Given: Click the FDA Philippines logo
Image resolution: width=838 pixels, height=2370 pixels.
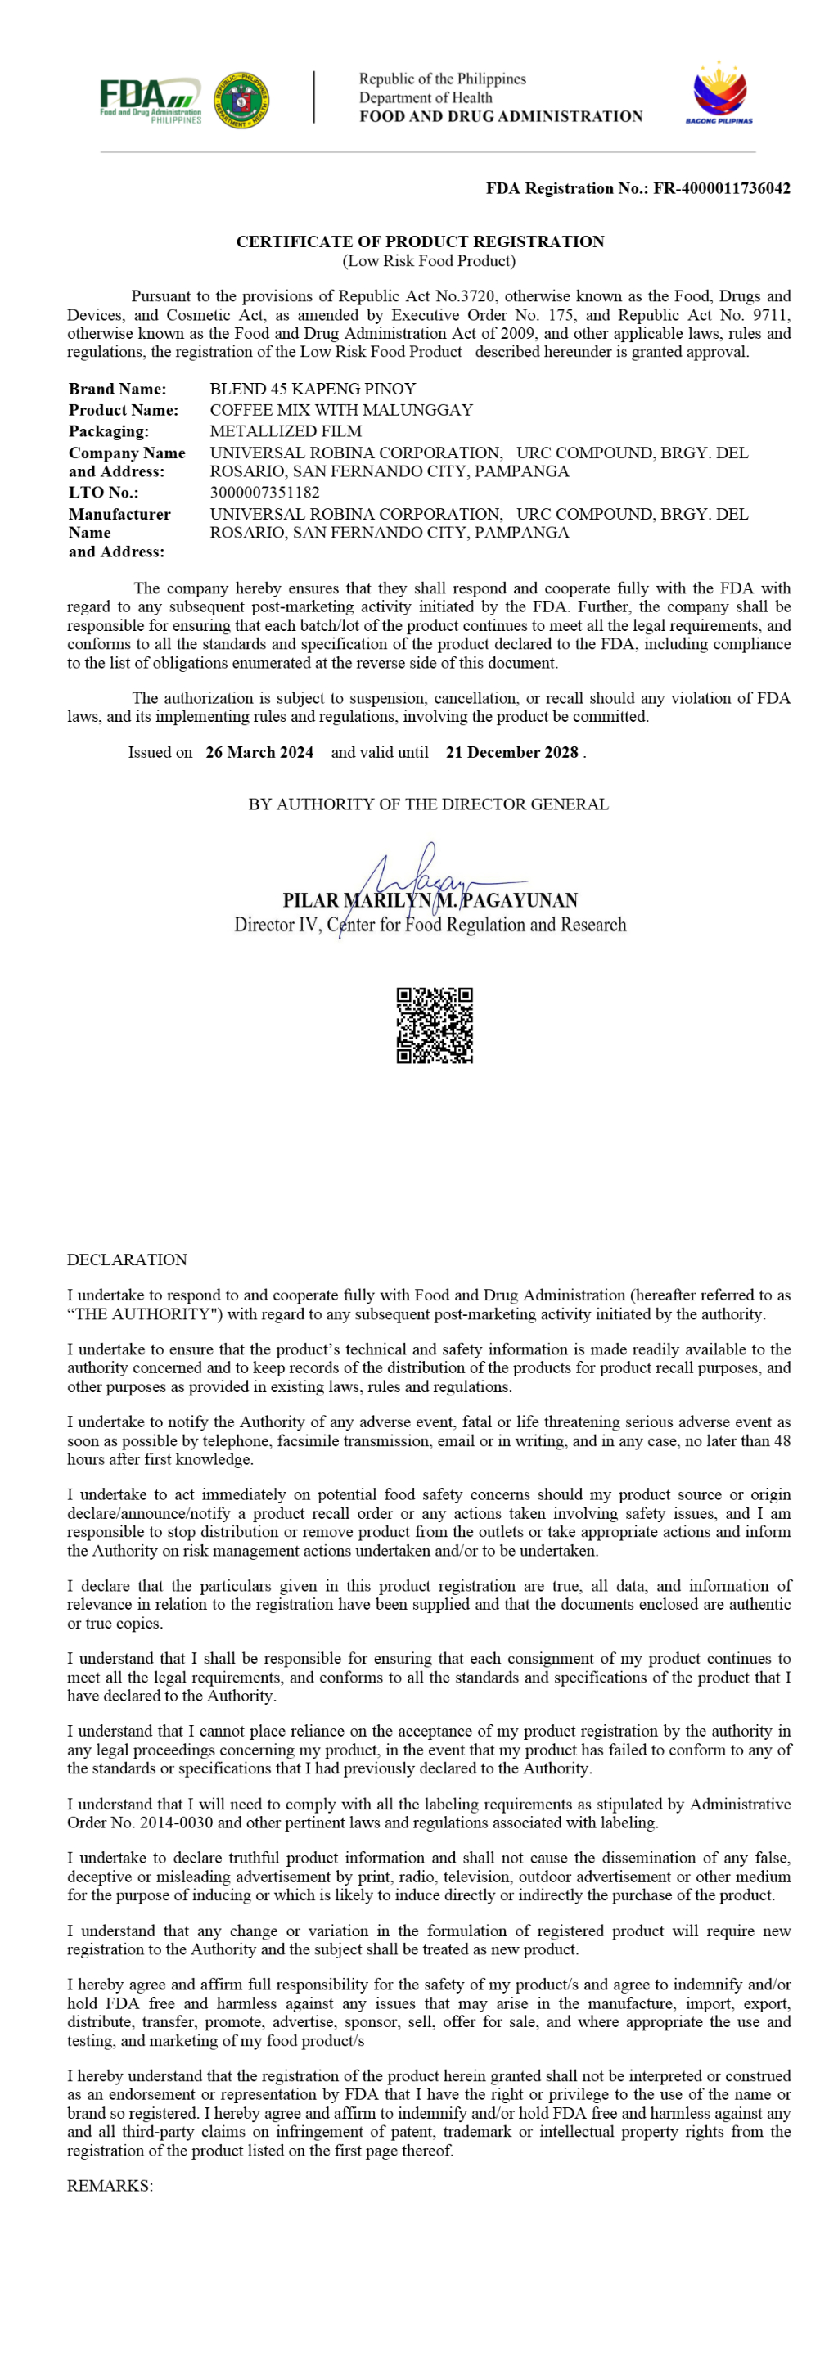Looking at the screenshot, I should point(150,99).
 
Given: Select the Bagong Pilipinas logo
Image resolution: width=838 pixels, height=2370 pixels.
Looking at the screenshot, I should point(719,93).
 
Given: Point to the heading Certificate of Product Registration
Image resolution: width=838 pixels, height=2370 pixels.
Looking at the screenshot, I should point(421,242).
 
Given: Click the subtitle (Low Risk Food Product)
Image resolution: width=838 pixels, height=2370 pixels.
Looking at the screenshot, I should point(429,261).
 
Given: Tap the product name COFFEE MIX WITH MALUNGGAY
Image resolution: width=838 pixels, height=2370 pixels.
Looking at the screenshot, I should point(341,410).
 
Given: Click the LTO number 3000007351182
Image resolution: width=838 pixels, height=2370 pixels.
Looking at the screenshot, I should point(265,492).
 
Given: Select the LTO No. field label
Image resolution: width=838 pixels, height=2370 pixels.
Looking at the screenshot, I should point(103,492).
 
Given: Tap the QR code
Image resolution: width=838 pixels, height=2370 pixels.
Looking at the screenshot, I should point(435,1025).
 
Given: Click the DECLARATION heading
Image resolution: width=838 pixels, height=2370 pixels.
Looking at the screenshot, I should point(127,1259).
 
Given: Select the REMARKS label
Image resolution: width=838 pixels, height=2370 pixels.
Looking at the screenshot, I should point(110,2186).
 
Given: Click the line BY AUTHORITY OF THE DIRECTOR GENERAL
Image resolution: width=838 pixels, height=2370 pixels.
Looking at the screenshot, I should point(428,804).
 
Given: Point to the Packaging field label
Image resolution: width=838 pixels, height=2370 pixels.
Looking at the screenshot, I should point(109,431).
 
